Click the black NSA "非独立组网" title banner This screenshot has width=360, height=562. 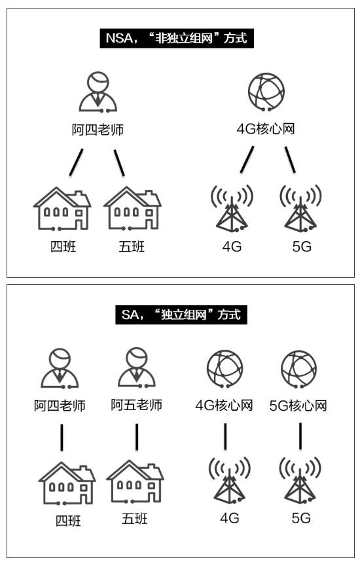pyautogui.click(x=177, y=39)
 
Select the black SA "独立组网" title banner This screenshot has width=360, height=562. pyautogui.click(x=181, y=315)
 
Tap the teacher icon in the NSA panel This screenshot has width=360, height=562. pyautogui.click(x=98, y=92)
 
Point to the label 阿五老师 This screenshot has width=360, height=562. pyautogui.click(x=137, y=405)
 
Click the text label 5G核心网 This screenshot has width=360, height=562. pyautogui.click(x=298, y=405)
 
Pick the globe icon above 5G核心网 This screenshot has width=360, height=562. pyautogui.click(x=298, y=369)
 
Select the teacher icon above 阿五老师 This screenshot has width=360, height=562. pyautogui.click(x=137, y=367)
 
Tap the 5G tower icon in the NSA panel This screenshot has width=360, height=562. pyautogui.click(x=300, y=208)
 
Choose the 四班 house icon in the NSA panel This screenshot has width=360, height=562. pyautogui.click(x=62, y=208)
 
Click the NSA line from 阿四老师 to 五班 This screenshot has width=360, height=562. pyautogui.click(x=119, y=162)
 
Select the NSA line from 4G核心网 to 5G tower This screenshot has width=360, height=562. pyautogui.click(x=290, y=159)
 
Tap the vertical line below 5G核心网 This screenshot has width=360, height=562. pyautogui.click(x=300, y=436)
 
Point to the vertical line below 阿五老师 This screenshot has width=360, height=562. pyautogui.click(x=137, y=437)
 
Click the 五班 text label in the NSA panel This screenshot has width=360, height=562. pyautogui.click(x=132, y=247)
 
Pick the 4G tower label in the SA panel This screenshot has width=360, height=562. pyautogui.click(x=230, y=518)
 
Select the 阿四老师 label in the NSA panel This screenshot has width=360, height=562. pyautogui.click(x=98, y=130)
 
